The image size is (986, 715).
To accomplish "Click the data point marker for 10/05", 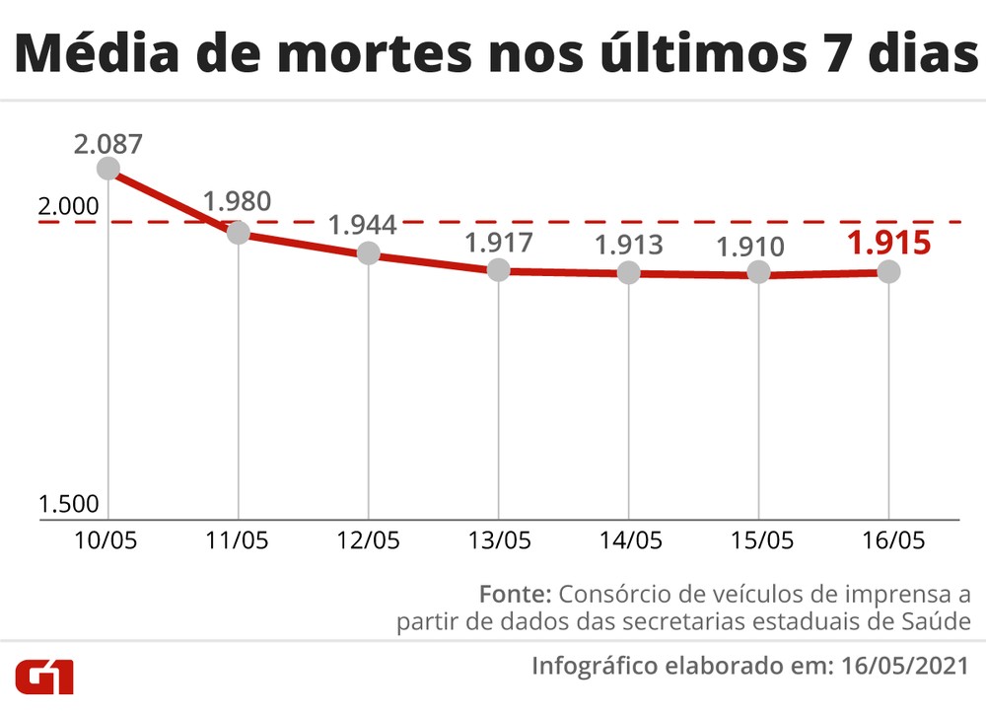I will [107, 169].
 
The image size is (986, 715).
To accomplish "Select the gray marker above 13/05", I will [498, 269].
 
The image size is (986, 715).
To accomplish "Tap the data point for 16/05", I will [888, 271].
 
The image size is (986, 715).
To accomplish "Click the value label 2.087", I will [107, 143].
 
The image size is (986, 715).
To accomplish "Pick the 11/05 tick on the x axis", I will [238, 540].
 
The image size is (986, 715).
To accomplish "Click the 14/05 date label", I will [628, 540].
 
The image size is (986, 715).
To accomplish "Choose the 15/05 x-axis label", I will [758, 540].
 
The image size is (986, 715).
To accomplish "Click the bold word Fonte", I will [515, 595].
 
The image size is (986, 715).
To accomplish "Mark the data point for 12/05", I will [368, 252].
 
